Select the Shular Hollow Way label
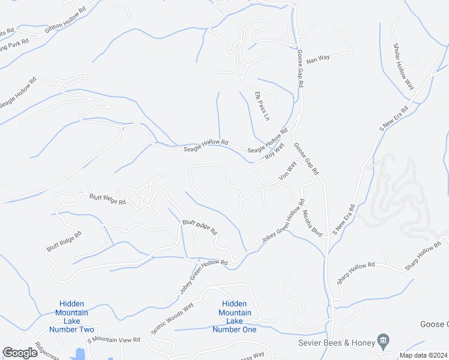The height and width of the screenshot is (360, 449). (404, 66)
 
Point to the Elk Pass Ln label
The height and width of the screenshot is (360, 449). (262, 106)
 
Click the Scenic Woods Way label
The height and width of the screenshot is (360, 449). (172, 315)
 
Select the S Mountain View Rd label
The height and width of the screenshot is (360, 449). (113, 340)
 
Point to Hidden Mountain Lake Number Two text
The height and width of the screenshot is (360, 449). (71, 317)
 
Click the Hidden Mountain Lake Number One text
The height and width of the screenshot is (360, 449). (235, 317)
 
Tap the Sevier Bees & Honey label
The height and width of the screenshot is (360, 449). (336, 343)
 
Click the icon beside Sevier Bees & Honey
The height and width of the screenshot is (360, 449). (384, 342)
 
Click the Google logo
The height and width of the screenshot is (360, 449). (20, 353)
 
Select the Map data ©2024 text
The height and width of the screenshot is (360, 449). (423, 355)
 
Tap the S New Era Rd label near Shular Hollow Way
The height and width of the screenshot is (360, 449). (394, 119)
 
